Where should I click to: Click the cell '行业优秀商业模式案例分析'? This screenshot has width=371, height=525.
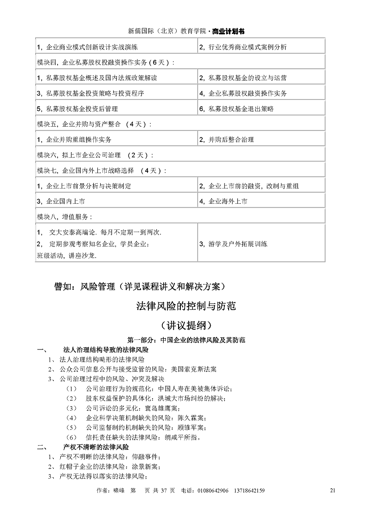point(243,47)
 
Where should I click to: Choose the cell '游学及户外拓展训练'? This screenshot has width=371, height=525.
point(233,244)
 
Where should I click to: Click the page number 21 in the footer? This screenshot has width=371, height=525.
point(331,490)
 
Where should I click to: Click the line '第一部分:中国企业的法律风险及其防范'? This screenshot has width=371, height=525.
point(186,340)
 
